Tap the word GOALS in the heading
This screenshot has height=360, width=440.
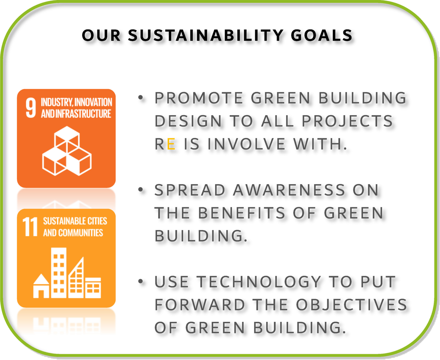tap(322, 36)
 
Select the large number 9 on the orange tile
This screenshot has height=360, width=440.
tap(31, 108)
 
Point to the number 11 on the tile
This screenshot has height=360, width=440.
tap(30, 227)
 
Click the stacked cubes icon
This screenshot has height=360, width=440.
tap(67, 151)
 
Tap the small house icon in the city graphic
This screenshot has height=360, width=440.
tap(41, 286)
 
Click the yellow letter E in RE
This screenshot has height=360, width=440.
tap(171, 144)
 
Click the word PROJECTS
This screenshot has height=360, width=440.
tap(347, 121)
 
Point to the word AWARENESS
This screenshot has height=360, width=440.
tap(289, 190)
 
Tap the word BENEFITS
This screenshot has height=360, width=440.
tap(241, 213)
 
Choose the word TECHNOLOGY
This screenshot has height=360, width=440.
tap(259, 282)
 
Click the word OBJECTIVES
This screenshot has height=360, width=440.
tap(351, 305)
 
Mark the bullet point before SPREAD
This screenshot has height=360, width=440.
tap(141, 190)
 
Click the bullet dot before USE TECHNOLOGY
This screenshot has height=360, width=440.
tap(141, 282)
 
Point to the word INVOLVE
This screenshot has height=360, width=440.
tap(246, 144)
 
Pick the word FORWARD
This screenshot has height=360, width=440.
tap(200, 305)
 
